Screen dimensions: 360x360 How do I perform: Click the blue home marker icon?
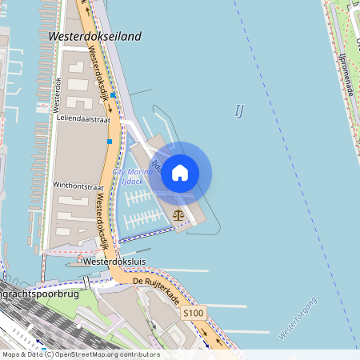(x=180, y=172)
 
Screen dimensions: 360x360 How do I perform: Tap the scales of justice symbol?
(x=178, y=214)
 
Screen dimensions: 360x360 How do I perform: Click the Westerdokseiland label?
(x=94, y=37)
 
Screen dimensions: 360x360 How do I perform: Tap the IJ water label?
(x=238, y=110)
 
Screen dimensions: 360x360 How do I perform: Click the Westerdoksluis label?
(x=112, y=261)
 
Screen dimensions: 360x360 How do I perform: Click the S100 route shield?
(x=193, y=312)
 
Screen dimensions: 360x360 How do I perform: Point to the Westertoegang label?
(x=298, y=318)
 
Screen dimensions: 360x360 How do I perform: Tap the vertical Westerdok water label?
(x=57, y=94)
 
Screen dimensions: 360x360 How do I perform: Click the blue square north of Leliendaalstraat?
(x=113, y=95)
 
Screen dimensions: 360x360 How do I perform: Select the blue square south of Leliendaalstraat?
(x=110, y=142)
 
